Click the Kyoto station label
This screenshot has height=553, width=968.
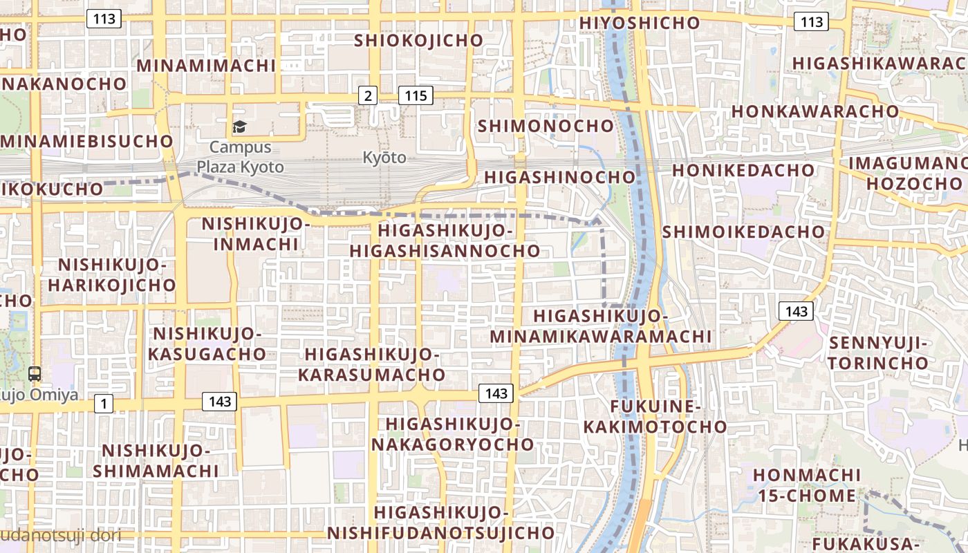(384, 158)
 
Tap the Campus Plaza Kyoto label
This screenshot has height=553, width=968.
(240, 157)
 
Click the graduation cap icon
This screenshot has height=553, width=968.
(239, 126)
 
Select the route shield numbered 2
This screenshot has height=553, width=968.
(367, 95)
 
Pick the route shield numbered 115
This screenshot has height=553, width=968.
(416, 95)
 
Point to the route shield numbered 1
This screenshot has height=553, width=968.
(103, 404)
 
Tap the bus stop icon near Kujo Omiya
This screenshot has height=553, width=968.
(35, 374)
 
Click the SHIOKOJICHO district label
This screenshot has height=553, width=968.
(418, 40)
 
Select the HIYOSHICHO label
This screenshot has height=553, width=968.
(640, 23)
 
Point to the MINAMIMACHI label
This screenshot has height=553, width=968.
(207, 66)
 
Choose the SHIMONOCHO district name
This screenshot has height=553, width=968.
(546, 126)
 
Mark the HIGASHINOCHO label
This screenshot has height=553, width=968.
(559, 177)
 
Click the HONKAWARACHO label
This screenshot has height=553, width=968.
(815, 111)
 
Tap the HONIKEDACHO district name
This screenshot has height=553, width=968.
(743, 170)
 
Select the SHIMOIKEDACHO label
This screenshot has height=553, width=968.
(744, 232)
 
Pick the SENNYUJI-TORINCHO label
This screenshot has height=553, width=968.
(878, 353)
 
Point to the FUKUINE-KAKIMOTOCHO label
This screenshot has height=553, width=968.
(655, 416)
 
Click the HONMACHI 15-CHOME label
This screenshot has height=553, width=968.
(807, 485)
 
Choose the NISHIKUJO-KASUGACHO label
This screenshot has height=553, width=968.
(209, 344)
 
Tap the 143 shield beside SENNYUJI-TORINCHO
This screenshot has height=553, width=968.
(797, 311)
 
